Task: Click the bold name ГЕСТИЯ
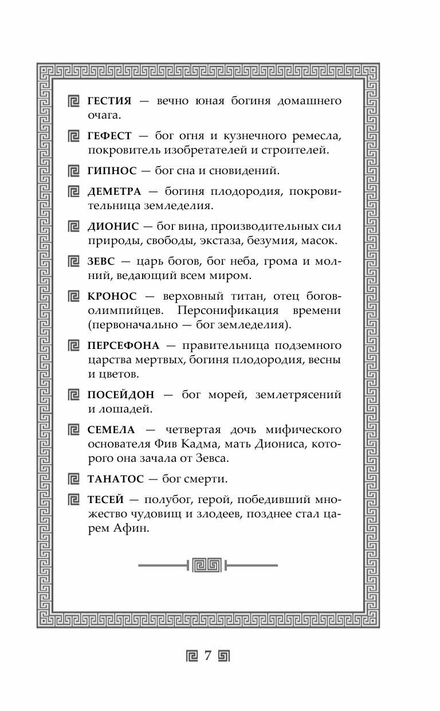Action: (109, 101)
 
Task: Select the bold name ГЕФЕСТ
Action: (109, 136)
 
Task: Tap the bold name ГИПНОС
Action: (112, 171)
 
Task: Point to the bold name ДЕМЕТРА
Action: (114, 191)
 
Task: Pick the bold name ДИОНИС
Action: (111, 226)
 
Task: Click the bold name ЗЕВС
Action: (101, 261)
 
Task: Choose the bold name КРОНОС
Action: (112, 296)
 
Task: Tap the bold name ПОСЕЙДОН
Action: (120, 395)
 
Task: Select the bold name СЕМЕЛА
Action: (111, 429)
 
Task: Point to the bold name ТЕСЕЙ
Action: (105, 499)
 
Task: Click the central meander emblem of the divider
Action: (206, 565)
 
